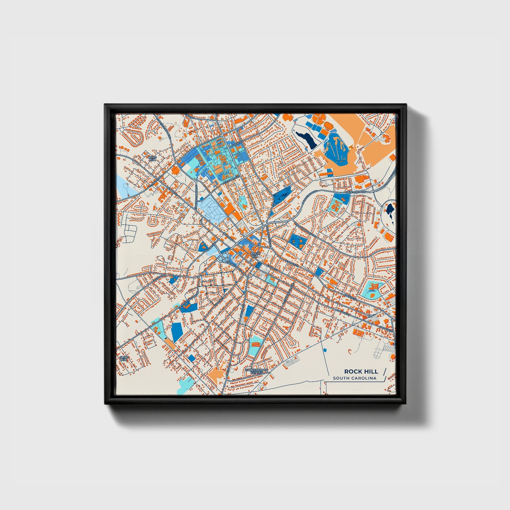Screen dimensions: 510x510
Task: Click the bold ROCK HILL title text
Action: (361, 371)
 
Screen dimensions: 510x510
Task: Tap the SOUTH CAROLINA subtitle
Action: (354, 378)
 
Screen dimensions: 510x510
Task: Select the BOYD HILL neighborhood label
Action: (152, 158)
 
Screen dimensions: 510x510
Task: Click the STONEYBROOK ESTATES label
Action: (257, 371)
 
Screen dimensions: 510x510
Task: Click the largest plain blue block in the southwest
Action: (176, 331)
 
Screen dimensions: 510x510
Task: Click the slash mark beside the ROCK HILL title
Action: (384, 372)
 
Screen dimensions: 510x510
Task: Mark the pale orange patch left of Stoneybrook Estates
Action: (216, 373)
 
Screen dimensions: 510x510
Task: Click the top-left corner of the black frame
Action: (105, 105)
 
